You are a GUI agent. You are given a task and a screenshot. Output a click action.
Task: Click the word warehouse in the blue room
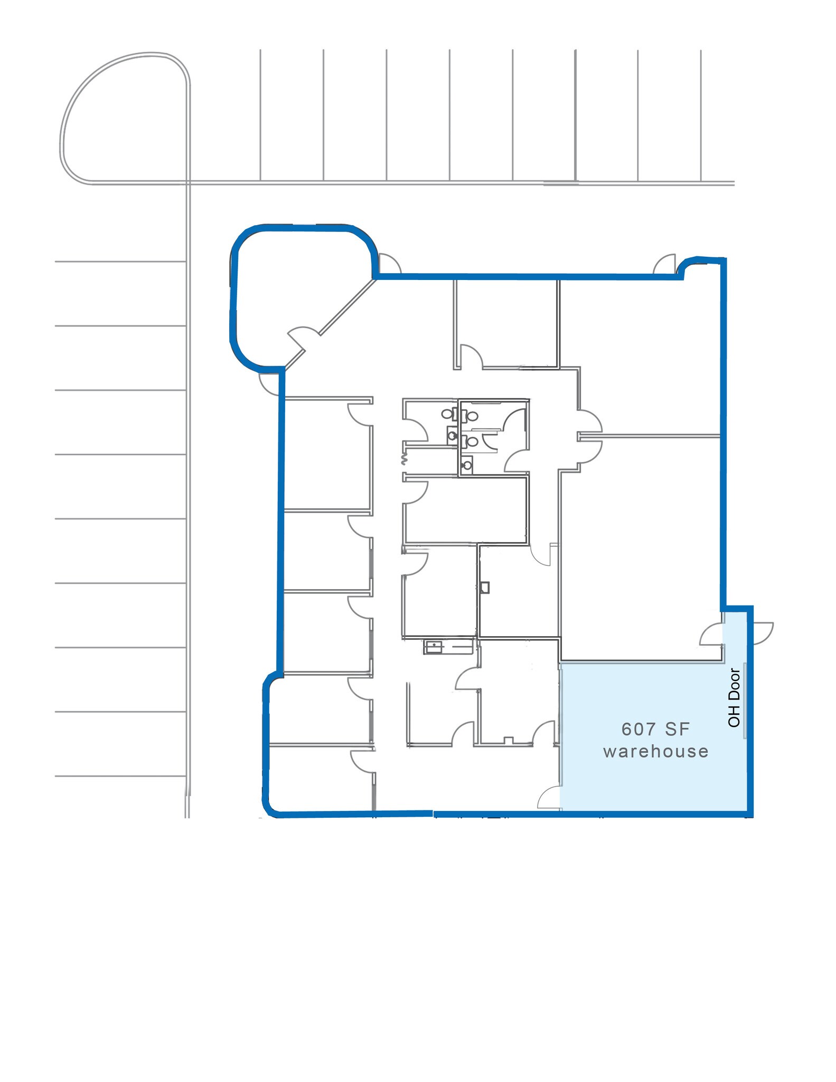(x=655, y=751)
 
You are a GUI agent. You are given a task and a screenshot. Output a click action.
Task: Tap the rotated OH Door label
(x=734, y=697)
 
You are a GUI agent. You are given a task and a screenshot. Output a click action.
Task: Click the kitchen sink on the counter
(x=433, y=646)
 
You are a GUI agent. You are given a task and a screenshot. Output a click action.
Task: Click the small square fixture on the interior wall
(x=485, y=587)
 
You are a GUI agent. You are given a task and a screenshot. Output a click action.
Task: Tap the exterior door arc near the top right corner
(x=665, y=264)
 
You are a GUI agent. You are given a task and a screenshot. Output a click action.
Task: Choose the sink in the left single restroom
(x=452, y=435)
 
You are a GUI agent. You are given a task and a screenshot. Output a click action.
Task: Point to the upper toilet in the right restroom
(x=472, y=416)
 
